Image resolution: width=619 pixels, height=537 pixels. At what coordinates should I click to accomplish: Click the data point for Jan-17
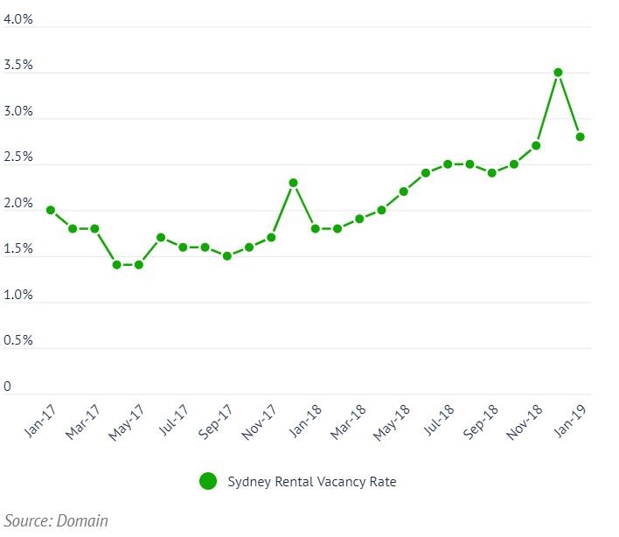pos(51,210)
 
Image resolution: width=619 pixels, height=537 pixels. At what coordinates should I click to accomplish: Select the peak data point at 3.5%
pos(558,73)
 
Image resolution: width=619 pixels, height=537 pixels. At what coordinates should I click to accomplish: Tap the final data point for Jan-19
pos(580,136)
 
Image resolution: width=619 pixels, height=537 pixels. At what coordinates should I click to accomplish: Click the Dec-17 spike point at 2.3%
pos(293,183)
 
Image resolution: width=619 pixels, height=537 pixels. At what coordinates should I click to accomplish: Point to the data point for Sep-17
pos(227,256)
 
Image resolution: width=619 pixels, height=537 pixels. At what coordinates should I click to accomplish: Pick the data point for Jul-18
pos(448,164)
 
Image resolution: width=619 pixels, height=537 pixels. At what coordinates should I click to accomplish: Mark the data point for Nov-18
pos(536,145)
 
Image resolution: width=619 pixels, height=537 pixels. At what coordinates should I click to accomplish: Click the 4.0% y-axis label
pos(18,19)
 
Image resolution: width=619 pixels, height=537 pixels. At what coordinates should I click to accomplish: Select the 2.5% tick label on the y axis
pos(18,157)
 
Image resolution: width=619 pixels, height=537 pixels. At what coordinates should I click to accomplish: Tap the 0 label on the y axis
pos(8,387)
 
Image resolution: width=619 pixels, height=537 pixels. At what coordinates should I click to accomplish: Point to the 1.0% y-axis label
pos(18,295)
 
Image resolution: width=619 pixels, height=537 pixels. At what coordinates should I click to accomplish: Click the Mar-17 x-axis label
pos(84,422)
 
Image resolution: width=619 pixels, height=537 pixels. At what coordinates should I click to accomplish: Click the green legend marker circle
pos(207,481)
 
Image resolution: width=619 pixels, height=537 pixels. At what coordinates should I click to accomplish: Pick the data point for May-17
pos(138,264)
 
